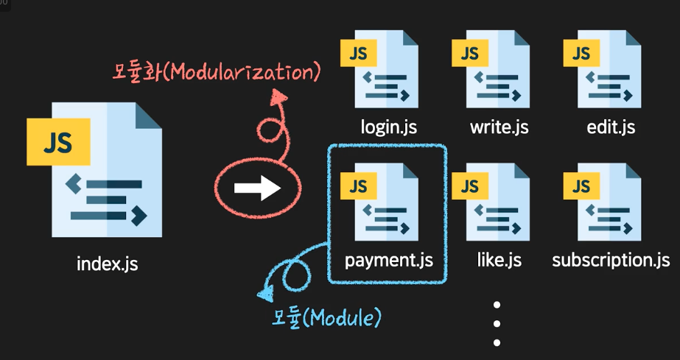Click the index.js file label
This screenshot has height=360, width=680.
(107, 262)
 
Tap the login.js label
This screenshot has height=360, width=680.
(389, 127)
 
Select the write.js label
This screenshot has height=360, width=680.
(500, 127)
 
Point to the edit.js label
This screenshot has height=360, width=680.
(611, 127)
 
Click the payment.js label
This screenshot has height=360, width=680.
(388, 261)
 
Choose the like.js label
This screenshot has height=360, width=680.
(499, 260)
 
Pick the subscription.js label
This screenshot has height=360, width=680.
(611, 260)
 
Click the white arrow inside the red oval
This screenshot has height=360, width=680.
(257, 188)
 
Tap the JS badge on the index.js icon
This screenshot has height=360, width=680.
(57, 141)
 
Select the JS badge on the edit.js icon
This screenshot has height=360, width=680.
(581, 53)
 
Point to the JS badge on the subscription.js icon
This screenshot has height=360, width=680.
(581, 186)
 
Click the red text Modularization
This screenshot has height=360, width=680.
(217, 72)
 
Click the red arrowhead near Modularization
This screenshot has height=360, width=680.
(279, 96)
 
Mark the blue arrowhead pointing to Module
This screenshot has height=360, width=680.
(264, 295)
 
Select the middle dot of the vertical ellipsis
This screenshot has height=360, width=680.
(497, 323)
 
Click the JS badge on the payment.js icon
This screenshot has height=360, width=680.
(359, 186)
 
